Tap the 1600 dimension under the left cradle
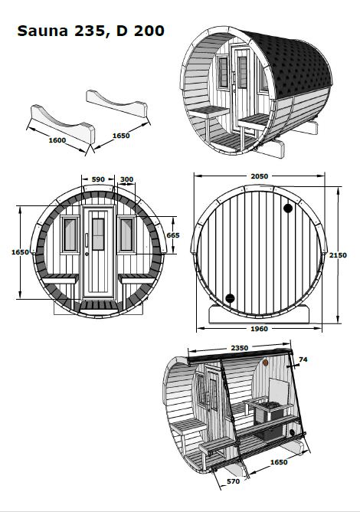point(57,140)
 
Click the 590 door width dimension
point(98,179)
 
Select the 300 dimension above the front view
point(126,179)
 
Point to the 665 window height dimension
point(173,235)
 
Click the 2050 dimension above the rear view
point(260,176)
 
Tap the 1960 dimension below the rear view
point(260,329)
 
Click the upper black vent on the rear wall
point(288,208)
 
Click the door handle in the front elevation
point(87,248)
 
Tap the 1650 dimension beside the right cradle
point(121,136)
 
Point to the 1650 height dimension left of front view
point(20,251)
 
